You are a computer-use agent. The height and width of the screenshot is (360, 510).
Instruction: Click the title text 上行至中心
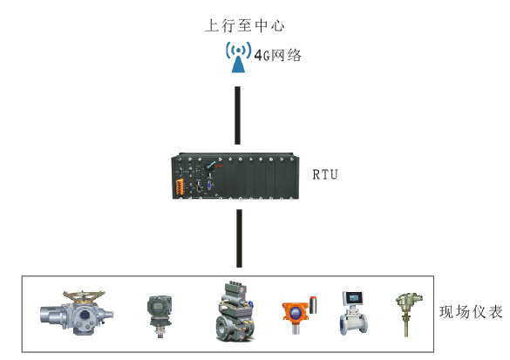(245, 25)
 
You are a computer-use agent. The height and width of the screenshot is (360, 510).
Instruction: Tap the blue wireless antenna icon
(238, 57)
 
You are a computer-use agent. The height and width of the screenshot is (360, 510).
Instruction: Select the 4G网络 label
(278, 55)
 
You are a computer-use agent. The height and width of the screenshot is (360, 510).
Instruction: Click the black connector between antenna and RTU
(238, 115)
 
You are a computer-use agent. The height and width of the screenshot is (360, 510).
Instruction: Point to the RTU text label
(325, 174)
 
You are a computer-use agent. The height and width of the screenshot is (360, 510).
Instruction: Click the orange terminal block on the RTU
(180, 187)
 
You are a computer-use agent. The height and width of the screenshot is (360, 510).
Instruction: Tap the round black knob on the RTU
(209, 166)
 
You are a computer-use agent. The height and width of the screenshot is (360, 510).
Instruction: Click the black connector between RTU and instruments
(239, 238)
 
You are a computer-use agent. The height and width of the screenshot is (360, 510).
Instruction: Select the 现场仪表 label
(471, 312)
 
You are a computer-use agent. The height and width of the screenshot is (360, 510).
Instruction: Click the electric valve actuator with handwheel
(77, 313)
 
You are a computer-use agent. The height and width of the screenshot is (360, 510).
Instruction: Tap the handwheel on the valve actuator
(84, 296)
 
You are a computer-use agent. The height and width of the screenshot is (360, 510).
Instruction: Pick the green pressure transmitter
(159, 316)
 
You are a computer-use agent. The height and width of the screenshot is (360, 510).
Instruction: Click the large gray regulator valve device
(235, 311)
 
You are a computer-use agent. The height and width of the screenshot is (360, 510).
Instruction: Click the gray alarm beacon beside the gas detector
(313, 305)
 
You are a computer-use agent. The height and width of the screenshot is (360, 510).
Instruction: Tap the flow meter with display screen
(353, 313)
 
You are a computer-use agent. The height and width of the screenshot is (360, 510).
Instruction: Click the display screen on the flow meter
(354, 297)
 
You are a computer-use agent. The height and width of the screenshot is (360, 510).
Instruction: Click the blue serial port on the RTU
(209, 186)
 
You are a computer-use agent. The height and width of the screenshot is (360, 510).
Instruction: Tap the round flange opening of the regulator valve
(222, 329)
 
